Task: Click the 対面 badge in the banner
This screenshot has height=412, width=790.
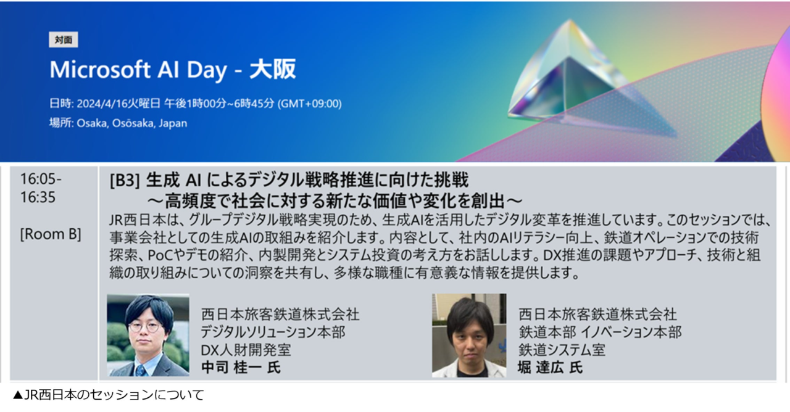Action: (x=64, y=40)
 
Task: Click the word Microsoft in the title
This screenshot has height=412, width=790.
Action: (x=100, y=70)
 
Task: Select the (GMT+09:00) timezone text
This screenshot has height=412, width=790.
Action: (x=310, y=104)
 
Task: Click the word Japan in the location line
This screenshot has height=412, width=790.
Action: (x=173, y=123)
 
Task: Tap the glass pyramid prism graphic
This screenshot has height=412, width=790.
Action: (x=564, y=74)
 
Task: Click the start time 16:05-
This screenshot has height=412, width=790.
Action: (x=41, y=179)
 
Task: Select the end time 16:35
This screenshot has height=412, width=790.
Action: (x=38, y=197)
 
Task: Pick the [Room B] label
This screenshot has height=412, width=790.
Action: (x=51, y=234)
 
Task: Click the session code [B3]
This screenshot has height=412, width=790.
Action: (x=125, y=181)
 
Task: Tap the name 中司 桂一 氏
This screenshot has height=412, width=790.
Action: (x=241, y=367)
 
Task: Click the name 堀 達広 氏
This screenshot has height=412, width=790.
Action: (x=550, y=367)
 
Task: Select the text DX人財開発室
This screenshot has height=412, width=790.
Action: (x=246, y=350)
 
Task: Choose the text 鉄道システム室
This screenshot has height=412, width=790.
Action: (x=562, y=350)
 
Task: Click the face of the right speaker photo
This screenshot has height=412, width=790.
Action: (x=470, y=339)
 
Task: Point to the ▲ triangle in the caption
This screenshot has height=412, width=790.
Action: (x=18, y=395)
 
